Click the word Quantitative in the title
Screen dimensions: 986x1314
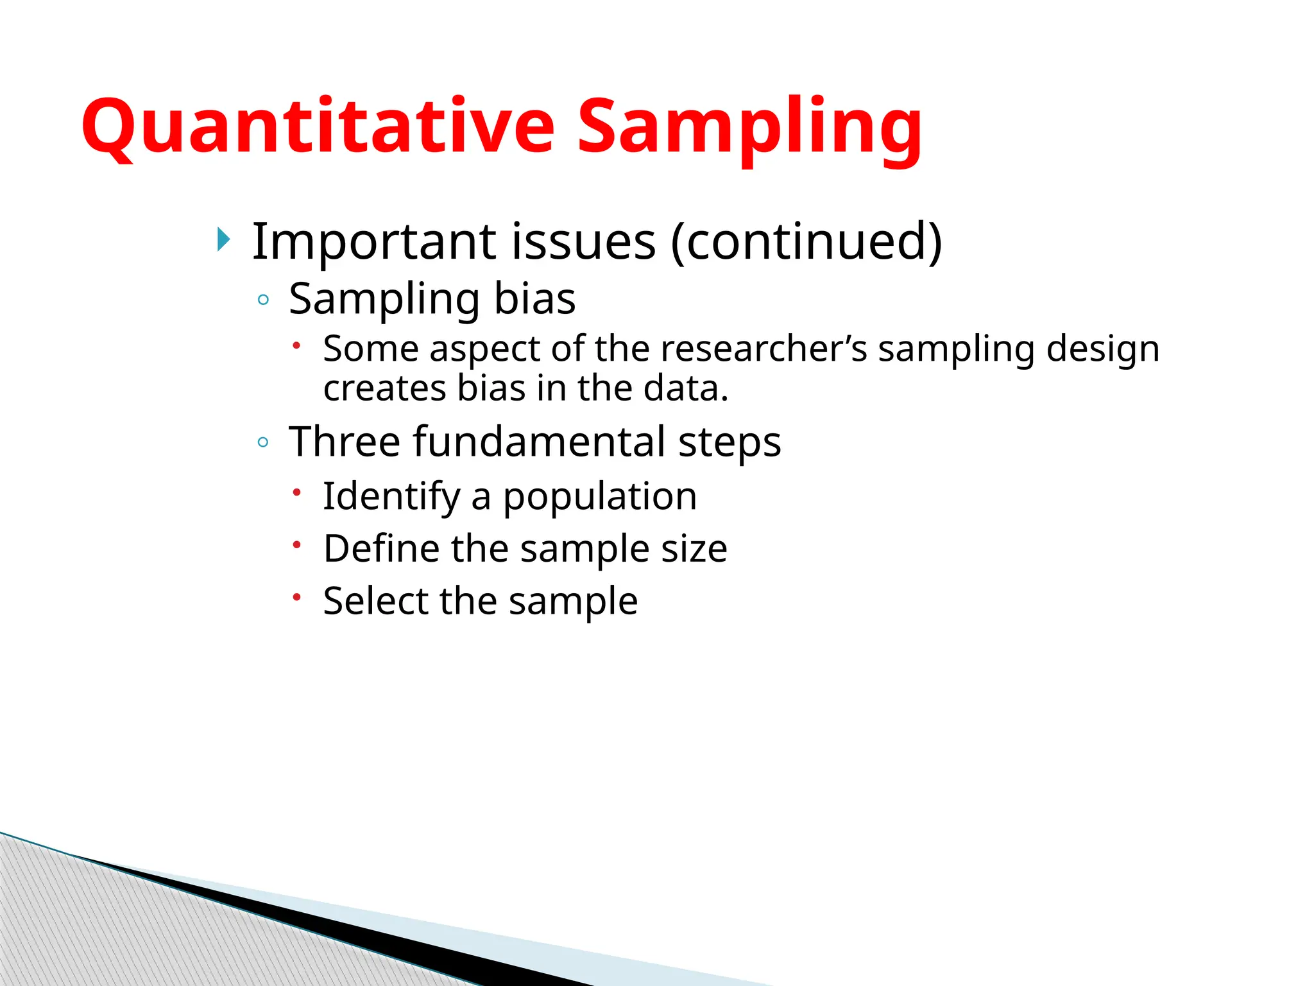318,126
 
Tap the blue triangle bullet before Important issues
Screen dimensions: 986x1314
223,240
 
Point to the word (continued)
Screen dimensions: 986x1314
806,241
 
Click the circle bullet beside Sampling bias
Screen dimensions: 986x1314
262,300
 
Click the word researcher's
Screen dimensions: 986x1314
764,349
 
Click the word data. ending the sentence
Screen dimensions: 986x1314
686,388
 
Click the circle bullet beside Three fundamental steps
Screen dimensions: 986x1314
262,442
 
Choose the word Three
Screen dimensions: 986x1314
345,442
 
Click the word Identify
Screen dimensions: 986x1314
391,497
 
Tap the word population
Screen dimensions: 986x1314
599,497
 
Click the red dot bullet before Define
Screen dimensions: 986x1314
296,545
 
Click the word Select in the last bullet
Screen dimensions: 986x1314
375,601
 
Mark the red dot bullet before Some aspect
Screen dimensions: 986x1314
296,345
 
